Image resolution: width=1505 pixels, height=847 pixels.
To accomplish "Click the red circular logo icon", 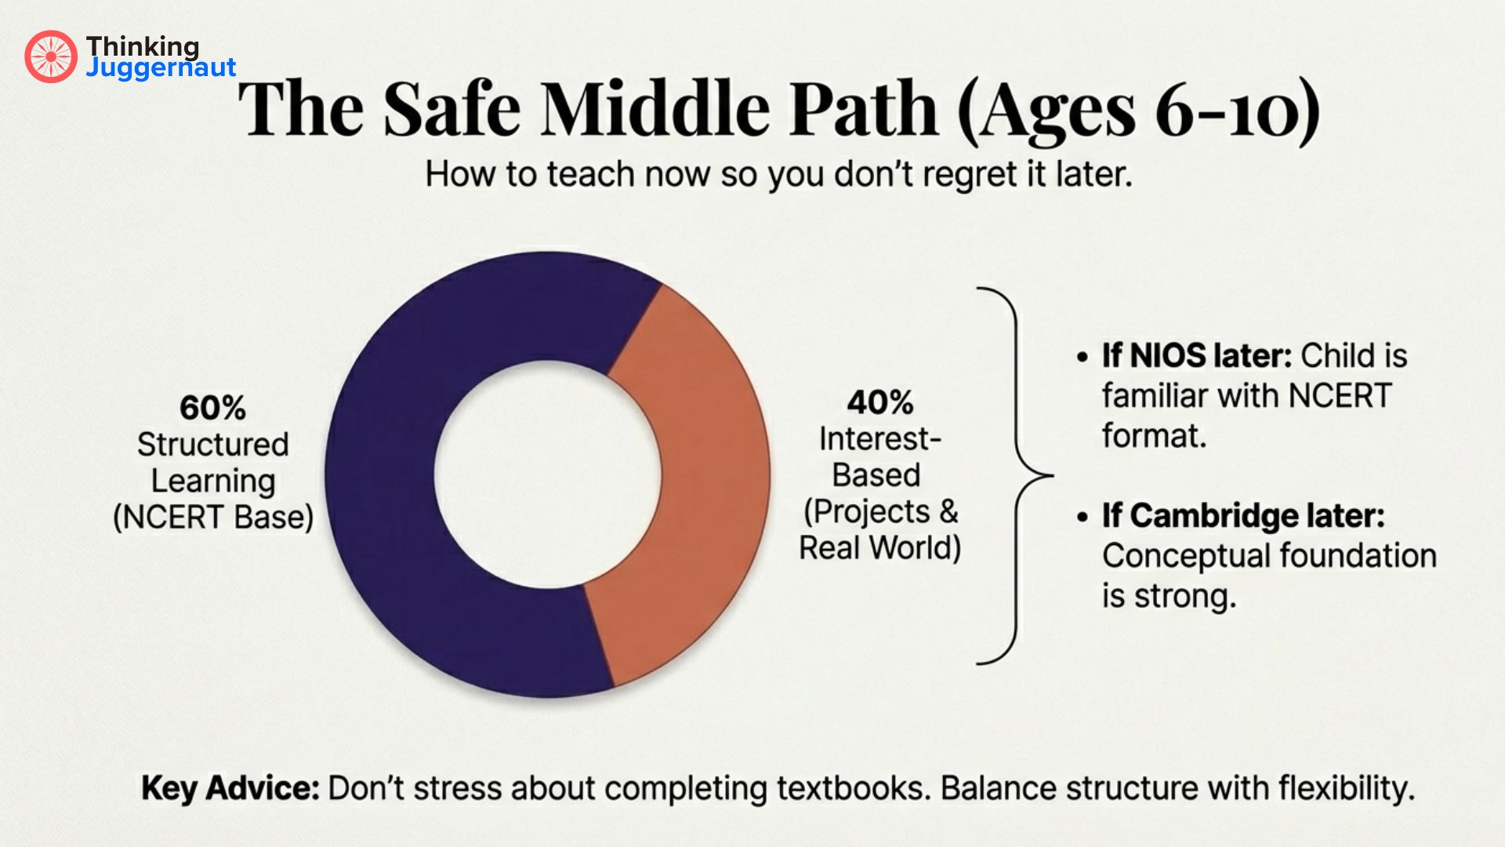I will click(51, 56).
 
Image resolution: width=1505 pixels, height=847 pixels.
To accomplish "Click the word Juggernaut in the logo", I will click(161, 67).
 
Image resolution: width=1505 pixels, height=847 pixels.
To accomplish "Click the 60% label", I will click(212, 408).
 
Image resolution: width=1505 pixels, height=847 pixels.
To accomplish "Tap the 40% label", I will click(879, 402).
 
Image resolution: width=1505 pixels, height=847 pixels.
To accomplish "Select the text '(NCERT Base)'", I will click(213, 518).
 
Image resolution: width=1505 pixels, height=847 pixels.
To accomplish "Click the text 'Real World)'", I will click(879, 547).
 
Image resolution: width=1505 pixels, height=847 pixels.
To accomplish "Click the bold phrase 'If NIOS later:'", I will click(1196, 356).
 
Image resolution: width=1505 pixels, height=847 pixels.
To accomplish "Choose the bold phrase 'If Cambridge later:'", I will click(1243, 516).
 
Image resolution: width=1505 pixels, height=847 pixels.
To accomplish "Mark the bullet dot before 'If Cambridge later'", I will click(1083, 518).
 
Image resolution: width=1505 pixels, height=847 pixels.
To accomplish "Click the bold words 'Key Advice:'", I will click(230, 788).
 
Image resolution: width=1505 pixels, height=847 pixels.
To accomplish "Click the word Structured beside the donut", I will click(213, 445).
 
